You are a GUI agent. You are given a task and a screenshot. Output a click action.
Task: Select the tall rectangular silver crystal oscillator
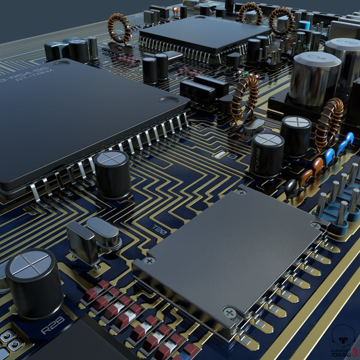tap(82, 242)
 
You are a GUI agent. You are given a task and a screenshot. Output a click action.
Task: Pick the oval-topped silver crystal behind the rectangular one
tap(104, 233)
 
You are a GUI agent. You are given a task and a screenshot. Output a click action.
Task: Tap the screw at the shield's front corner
tap(229, 313)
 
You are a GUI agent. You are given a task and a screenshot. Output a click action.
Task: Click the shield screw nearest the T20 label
tap(149, 261)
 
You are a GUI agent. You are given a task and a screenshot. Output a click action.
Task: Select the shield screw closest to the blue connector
tap(315, 225)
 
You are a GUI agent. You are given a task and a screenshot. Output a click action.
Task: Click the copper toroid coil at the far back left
tap(119, 27)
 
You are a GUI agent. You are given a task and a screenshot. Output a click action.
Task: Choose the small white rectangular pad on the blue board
tap(220, 155)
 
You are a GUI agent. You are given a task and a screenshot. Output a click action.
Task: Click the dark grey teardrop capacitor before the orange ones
tap(292, 188)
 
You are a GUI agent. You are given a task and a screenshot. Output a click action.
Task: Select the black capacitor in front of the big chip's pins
tap(112, 174)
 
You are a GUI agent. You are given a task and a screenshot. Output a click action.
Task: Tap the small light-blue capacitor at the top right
tap(305, 26)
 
